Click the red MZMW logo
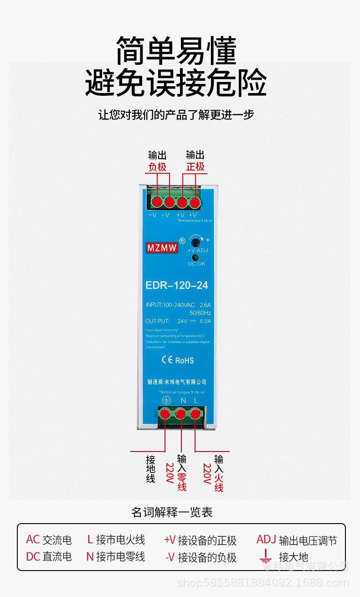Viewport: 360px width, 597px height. [x=162, y=249]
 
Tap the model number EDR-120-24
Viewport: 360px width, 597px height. [x=177, y=286]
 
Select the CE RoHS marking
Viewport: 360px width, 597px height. [x=177, y=360]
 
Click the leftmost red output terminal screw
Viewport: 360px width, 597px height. [x=157, y=202]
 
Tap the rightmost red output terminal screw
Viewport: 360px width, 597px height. [x=195, y=202]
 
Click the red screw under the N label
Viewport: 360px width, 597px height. [x=181, y=414]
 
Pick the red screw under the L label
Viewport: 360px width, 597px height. [x=195, y=414]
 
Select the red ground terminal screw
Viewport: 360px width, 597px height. [x=165, y=414]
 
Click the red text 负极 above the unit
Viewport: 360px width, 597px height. [x=157, y=167]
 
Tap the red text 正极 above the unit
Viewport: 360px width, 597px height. [x=195, y=167]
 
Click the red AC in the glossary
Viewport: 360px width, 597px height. [x=33, y=540]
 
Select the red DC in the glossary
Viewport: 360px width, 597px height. [x=33, y=556]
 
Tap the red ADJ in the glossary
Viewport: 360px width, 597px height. [x=266, y=540]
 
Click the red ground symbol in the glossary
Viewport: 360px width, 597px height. [x=265, y=556]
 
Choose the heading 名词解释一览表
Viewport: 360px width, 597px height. [x=172, y=512]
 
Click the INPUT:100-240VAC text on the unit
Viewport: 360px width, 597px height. [x=169, y=305]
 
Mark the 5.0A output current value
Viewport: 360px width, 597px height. [x=205, y=321]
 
